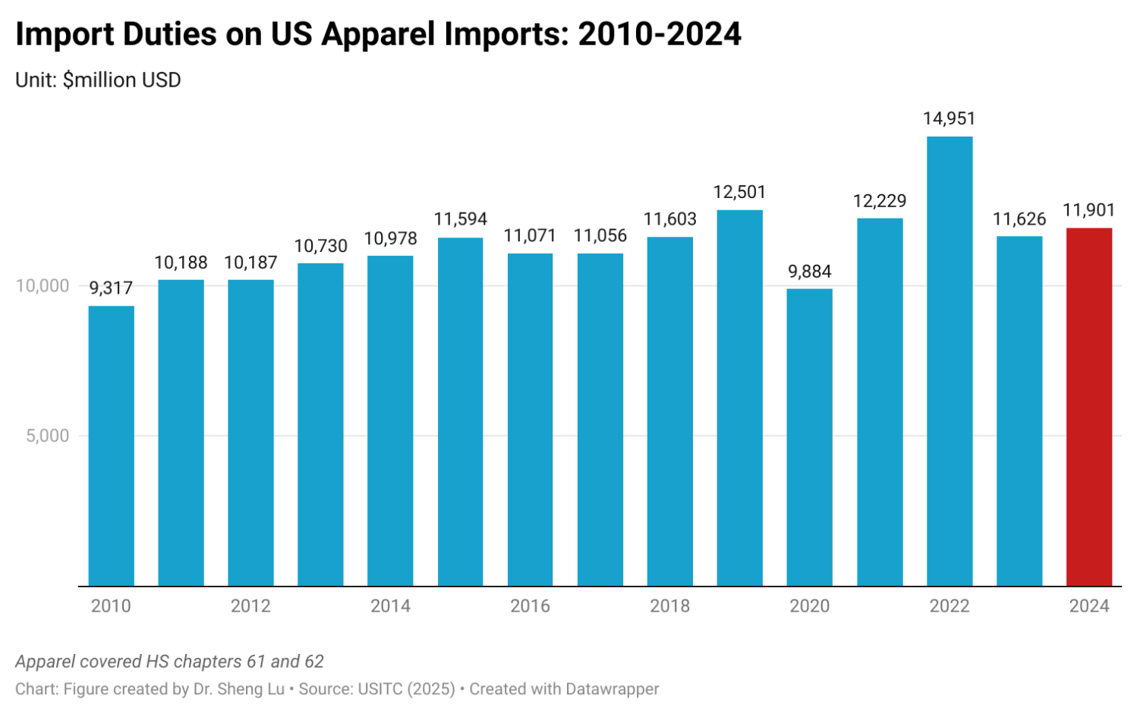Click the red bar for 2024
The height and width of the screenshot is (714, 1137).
tap(1088, 407)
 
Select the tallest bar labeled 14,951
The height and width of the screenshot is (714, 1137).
tap(949, 361)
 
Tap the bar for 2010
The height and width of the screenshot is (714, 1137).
tap(111, 446)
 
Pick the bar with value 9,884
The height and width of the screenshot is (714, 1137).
tap(809, 437)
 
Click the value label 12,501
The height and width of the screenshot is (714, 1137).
tap(739, 193)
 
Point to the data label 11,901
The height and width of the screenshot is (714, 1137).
tap(1088, 210)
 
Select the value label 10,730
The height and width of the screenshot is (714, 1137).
tap(320, 246)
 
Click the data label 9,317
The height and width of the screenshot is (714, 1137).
tap(111, 288)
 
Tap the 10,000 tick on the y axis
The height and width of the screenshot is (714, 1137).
tap(43, 286)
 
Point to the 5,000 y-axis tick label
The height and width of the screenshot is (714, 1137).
tap(47, 436)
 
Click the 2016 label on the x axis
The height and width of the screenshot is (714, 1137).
tap(530, 606)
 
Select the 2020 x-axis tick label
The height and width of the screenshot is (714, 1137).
tap(809, 606)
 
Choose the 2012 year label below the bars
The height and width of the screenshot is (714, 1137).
tap(250, 606)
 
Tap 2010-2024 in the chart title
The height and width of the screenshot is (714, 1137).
tap(659, 35)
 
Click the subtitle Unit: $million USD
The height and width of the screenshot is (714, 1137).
tap(98, 80)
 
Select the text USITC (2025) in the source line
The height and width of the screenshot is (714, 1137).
tap(406, 689)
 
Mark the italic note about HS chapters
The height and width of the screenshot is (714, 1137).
tap(169, 662)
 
